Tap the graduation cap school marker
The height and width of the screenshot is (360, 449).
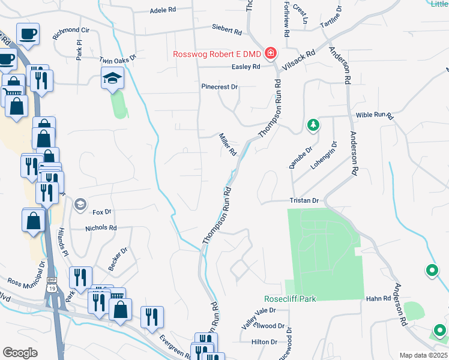click(112, 78)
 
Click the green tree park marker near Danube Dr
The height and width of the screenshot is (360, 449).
click(312, 125)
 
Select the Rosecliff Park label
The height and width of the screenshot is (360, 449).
click(290, 299)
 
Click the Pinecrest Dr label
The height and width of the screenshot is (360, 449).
click(220, 87)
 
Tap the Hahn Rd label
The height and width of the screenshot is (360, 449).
click(378, 298)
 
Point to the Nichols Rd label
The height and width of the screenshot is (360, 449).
click(101, 228)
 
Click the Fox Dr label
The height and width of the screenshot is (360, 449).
click(102, 212)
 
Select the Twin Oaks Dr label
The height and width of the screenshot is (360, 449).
click(118, 59)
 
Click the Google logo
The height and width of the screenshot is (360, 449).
click(20, 353)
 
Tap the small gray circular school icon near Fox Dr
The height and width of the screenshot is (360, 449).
click(79, 205)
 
